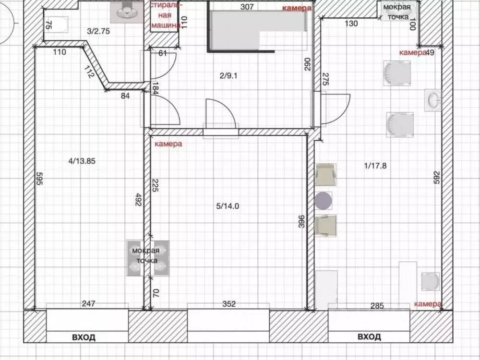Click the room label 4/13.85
click(x=82, y=161)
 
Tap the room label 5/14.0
click(x=228, y=206)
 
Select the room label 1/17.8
click(x=375, y=166)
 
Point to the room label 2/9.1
click(x=228, y=76)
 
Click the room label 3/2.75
click(x=98, y=31)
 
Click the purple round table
click(x=323, y=201)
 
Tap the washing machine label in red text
click(x=166, y=15)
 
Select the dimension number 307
click(x=247, y=6)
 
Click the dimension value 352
click(x=229, y=304)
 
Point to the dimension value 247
click(x=88, y=303)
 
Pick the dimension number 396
click(x=301, y=222)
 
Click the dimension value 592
click(x=436, y=178)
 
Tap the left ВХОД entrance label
click(x=84, y=337)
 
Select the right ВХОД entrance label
click(x=369, y=337)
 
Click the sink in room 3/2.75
click(x=127, y=12)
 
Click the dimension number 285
click(x=377, y=305)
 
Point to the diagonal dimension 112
click(x=88, y=72)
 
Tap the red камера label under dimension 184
click(x=168, y=144)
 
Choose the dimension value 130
click(x=351, y=23)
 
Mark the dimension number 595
click(x=39, y=178)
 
